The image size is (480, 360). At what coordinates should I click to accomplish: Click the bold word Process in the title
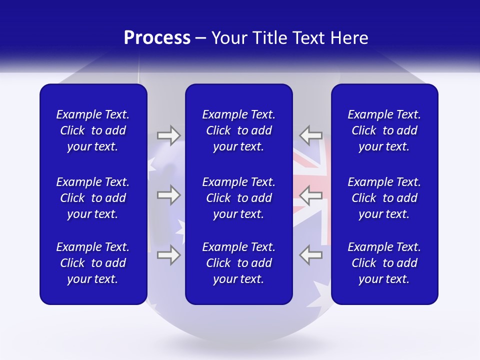(x=157, y=38)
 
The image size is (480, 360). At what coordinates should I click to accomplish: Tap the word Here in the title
(x=349, y=38)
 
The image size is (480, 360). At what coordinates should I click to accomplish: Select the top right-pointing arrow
(x=168, y=135)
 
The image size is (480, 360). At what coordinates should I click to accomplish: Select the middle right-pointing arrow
(x=168, y=195)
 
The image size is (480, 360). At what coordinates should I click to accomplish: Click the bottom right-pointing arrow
(x=168, y=255)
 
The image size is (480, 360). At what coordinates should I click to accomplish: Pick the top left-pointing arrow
(x=310, y=135)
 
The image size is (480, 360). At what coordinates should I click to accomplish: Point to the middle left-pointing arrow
(x=310, y=195)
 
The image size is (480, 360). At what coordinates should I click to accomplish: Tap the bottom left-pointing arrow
(x=310, y=255)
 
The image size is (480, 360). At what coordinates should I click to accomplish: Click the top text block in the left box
(x=93, y=130)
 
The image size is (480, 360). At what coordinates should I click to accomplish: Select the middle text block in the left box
(x=93, y=198)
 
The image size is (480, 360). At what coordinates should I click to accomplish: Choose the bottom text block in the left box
(x=93, y=263)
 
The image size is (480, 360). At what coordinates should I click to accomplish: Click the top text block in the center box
(x=238, y=130)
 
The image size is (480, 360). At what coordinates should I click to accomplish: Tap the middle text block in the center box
(x=238, y=198)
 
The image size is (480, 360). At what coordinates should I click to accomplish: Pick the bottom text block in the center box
(x=238, y=263)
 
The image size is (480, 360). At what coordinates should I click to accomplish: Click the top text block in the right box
(x=384, y=130)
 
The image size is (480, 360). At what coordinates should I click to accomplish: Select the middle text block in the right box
(x=384, y=198)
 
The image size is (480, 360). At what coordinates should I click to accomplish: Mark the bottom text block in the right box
(x=384, y=263)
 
